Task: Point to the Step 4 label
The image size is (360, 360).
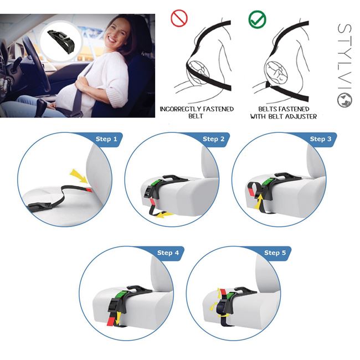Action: (168, 253)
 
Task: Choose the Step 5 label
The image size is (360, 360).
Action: (275, 253)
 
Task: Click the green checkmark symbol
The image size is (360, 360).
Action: (257, 19)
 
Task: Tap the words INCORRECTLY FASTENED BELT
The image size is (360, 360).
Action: (196, 112)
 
